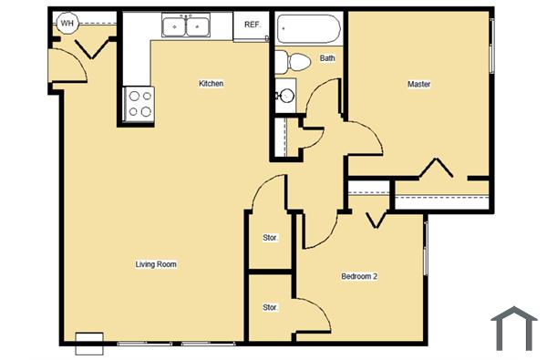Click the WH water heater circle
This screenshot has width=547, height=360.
[x=67, y=24]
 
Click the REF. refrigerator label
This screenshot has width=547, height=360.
[x=252, y=25]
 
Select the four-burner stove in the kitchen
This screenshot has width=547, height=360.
[x=139, y=103]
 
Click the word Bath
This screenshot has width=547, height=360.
[x=327, y=58]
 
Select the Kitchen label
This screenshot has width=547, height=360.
[x=212, y=84]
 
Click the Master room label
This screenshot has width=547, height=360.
[x=418, y=85]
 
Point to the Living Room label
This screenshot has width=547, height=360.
[x=155, y=264]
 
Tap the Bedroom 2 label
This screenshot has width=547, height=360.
[x=359, y=276]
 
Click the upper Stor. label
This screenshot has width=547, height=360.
[x=270, y=238]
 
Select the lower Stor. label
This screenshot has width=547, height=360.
[x=270, y=308]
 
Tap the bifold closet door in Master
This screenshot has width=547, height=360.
[x=439, y=170]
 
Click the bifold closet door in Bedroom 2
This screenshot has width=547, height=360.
[x=375, y=220]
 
